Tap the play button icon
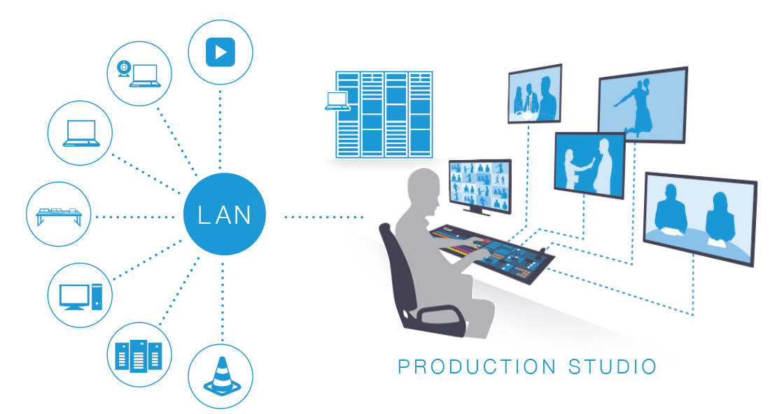coord(220,52)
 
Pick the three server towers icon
coord(139,356)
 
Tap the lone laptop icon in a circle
coord(80,133)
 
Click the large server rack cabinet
coord(384,113)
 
